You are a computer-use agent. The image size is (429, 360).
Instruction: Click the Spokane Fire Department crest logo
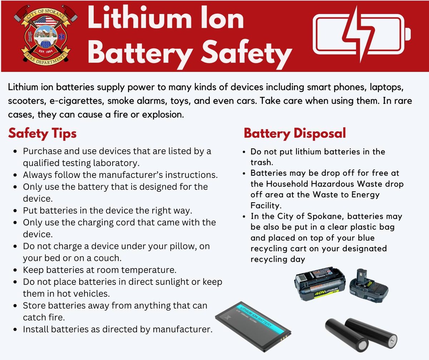point(46,34)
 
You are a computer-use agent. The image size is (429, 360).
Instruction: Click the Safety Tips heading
point(42,133)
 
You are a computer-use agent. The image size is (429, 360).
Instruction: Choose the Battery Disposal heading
point(295,133)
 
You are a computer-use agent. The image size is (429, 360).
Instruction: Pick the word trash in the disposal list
point(262,162)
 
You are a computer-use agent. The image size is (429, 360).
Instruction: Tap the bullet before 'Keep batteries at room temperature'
point(15,270)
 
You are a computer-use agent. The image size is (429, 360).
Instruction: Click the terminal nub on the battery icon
point(408,34)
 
